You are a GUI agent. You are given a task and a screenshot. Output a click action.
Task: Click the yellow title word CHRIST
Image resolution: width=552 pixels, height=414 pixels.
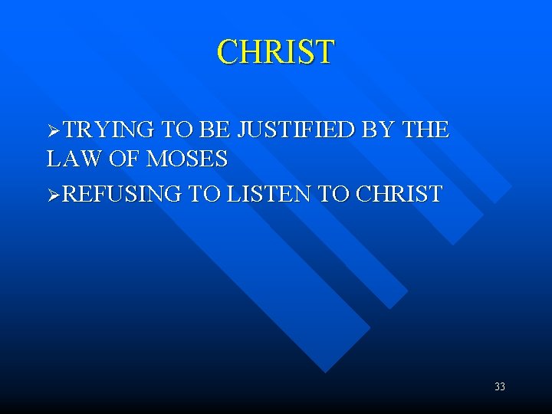[275, 52]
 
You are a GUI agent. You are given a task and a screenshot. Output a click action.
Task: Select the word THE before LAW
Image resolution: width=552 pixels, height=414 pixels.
[426, 130]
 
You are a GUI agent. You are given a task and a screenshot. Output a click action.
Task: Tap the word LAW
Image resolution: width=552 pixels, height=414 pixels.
[71, 159]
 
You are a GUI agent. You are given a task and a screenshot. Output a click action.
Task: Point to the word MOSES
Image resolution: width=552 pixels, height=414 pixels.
[187, 159]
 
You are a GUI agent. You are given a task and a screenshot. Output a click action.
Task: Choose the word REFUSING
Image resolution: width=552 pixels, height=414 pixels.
[121, 194]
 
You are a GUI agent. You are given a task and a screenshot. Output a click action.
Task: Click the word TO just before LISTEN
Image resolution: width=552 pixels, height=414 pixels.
[202, 194]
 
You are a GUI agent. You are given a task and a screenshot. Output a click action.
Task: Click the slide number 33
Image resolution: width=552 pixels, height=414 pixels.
[500, 387]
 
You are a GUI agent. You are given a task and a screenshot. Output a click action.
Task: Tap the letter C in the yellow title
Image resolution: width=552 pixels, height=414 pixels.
[227, 52]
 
